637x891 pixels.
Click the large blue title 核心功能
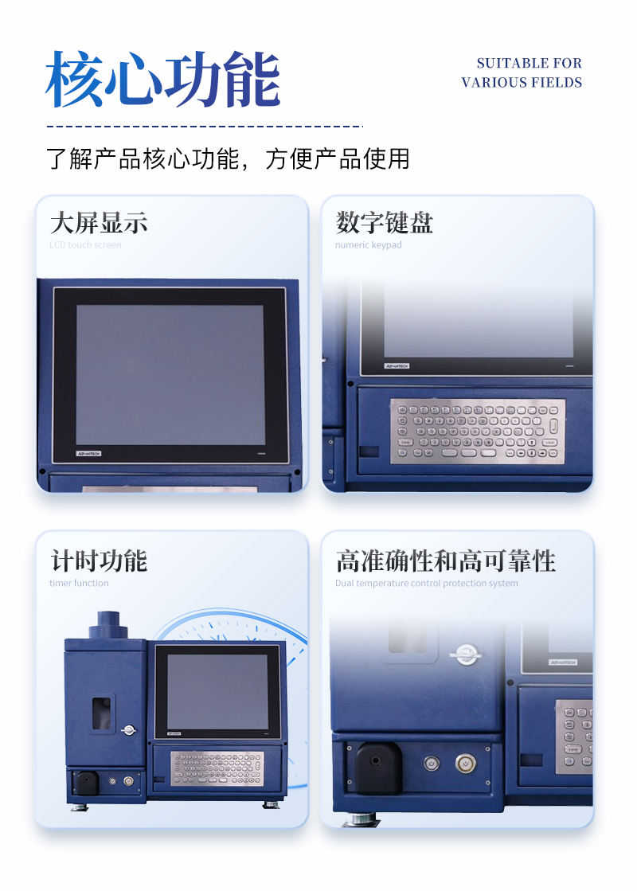[x=163, y=80]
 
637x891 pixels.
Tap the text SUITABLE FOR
[x=529, y=63]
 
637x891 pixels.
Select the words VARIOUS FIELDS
[x=522, y=83]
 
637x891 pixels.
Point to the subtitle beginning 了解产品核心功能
[x=228, y=158]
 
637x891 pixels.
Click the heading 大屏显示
[x=99, y=222]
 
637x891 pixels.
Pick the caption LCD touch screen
[x=85, y=245]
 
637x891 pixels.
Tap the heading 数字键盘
[x=385, y=222]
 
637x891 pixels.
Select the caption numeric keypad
[x=368, y=245]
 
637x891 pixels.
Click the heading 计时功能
[x=99, y=561]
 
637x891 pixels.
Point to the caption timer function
[x=79, y=584]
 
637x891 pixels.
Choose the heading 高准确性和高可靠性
[x=445, y=561]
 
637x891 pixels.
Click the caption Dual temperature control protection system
[x=426, y=584]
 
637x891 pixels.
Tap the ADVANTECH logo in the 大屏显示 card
[x=89, y=454]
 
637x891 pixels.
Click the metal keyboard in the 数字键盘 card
[x=478, y=431]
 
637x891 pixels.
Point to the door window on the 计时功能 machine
[x=101, y=713]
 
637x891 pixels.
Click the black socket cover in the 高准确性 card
[x=378, y=768]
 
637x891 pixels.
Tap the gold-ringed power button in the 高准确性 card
[x=466, y=764]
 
